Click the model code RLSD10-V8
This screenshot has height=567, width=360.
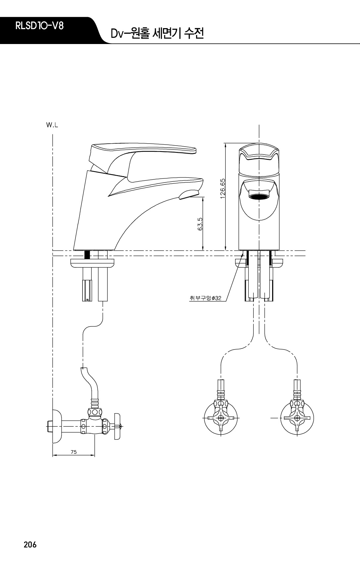(39, 26)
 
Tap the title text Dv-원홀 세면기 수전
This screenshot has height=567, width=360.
(157, 34)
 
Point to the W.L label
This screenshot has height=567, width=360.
(52, 125)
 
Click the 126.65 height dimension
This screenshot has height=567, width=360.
(223, 189)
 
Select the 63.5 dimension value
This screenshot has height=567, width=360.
(200, 223)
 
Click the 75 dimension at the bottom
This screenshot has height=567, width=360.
(74, 452)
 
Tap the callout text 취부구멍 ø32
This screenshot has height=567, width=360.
(205, 298)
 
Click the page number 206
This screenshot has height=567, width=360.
(30, 544)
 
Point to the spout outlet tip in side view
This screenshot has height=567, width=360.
(189, 194)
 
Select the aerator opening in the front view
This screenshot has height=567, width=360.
(259, 196)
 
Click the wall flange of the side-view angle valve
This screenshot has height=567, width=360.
(57, 426)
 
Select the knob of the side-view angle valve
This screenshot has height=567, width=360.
(117, 427)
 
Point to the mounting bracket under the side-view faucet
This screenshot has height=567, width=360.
(92, 263)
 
